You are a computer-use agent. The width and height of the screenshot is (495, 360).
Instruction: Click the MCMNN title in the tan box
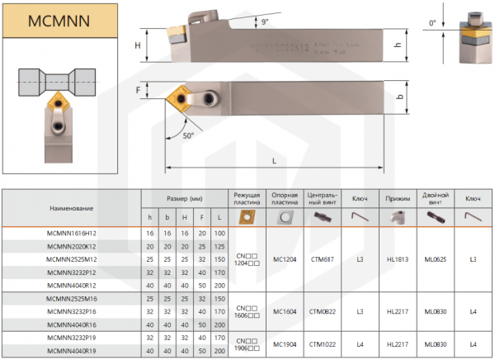click(x=59, y=21)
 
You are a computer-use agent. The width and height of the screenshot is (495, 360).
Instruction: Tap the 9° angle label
click(x=265, y=21)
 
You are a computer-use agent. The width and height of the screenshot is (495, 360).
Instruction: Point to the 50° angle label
click(x=188, y=135)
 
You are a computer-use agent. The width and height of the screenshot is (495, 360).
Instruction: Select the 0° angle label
click(x=432, y=23)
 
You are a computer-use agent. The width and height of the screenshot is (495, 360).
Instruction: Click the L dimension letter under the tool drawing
click(x=274, y=161)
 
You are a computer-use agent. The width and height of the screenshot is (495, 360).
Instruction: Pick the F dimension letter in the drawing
click(x=138, y=90)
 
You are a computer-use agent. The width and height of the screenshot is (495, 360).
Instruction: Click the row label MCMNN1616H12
click(x=71, y=234)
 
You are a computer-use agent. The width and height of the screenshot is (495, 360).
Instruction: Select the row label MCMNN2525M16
click(x=71, y=299)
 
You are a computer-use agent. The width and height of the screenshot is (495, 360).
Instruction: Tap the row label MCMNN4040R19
click(x=71, y=351)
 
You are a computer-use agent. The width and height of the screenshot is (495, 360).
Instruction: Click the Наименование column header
click(x=71, y=208)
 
